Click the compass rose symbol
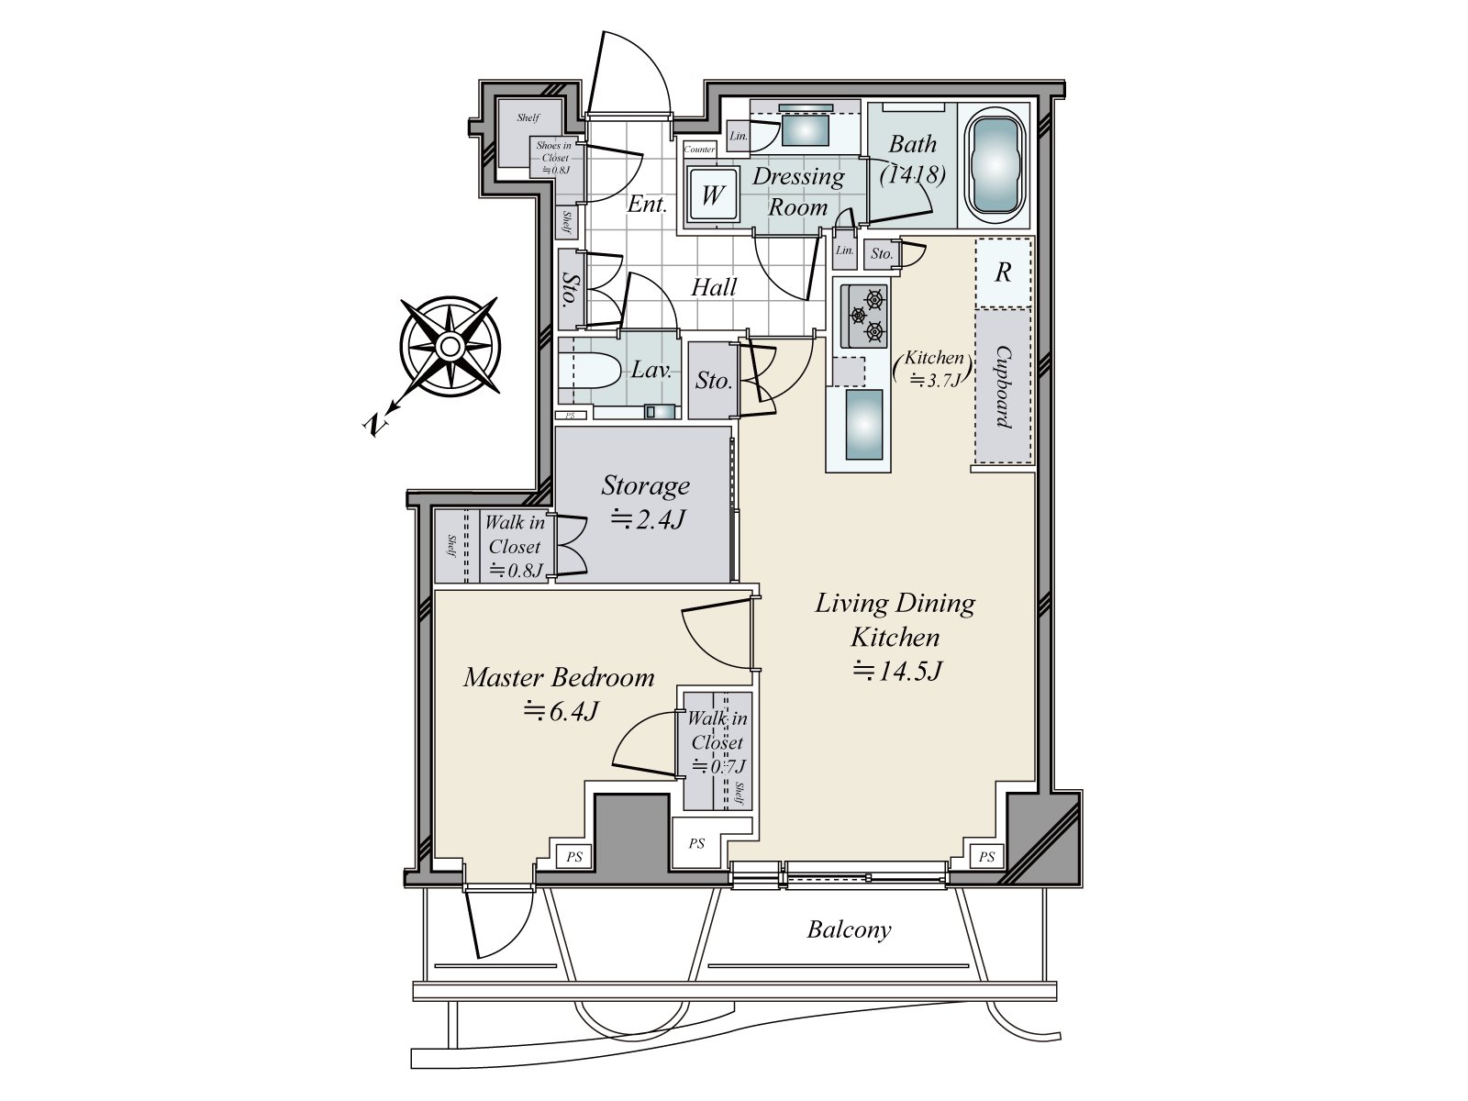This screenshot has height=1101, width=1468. coord(450,346)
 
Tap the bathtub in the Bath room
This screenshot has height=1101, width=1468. coord(995,163)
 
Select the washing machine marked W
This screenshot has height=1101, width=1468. coord(714,195)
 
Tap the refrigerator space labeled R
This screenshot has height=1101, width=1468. coord(1004,272)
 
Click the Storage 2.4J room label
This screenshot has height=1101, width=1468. coord(645,501)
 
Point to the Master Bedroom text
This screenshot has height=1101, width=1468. coord(559,678)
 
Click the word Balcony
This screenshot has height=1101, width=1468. coord(849,929)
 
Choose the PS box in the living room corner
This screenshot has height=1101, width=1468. coord(986,857)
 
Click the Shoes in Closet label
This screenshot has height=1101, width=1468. coord(554,158)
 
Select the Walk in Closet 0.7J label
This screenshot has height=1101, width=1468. coord(717,742)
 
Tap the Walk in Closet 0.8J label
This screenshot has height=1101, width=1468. coord(514,546)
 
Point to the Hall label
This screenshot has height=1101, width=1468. coord(714,287)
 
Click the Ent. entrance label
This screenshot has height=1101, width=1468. coord(646,205)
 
